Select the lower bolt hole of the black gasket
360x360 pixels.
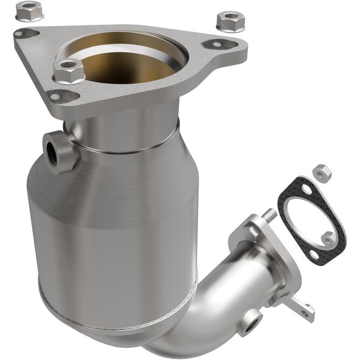coord(327,235)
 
